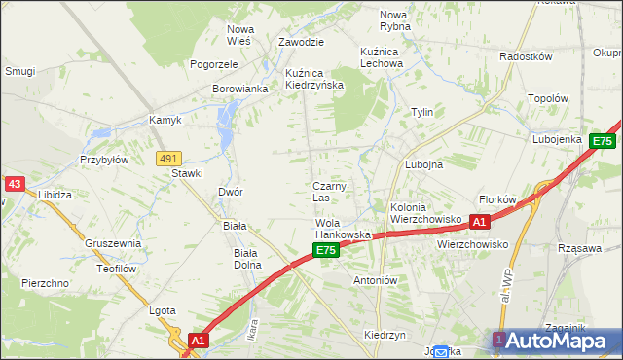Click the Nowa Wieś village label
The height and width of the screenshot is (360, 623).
[239, 35]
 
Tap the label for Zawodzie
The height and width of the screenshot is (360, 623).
[301, 43]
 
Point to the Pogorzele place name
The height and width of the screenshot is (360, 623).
[215, 64]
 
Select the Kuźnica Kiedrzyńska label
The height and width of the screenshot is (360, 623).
[314, 79]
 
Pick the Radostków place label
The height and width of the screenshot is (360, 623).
[526, 56]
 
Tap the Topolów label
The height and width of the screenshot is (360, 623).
[547, 98]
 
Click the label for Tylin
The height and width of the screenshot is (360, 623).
[421, 112]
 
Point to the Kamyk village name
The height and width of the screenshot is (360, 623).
[165, 121]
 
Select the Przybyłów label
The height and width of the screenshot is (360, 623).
[105, 160]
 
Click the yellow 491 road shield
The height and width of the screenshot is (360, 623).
[168, 158]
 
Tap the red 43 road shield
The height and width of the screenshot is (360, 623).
[14, 183]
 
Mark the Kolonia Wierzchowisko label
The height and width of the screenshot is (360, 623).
[424, 213]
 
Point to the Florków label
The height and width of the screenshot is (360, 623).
[497, 198]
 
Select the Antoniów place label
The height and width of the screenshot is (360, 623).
[376, 280]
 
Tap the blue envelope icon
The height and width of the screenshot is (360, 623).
[441, 352]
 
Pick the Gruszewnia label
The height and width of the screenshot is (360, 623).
[113, 243]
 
